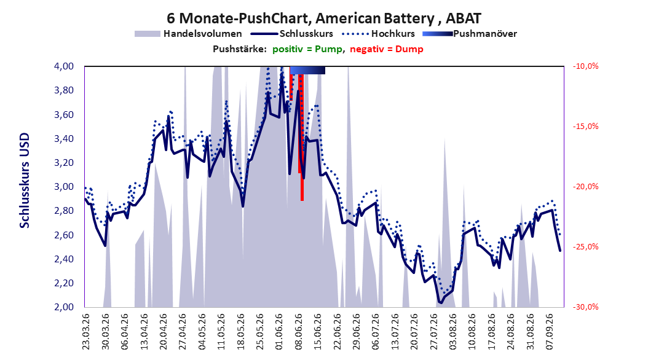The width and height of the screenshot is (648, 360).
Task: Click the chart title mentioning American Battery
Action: click(324, 18)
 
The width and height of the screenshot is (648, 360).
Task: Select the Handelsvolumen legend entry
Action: click(189, 34)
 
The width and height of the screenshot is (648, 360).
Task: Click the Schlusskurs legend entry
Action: click(292, 34)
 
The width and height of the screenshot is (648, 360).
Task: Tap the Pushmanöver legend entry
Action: click(470, 34)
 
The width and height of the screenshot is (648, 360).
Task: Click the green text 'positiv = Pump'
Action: click(307, 49)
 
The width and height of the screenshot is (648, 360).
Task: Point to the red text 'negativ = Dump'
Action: click(387, 49)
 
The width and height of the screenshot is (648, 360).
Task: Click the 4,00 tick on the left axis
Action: click(64, 66)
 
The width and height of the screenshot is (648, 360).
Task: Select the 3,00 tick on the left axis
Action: click(64, 187)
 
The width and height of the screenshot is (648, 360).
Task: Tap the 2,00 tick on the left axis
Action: click(64, 307)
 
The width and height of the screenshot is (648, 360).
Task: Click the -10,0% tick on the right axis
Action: click(585, 66)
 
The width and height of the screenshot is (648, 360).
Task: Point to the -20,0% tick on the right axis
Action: click(585, 187)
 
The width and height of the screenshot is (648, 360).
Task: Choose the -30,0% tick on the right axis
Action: click(585, 307)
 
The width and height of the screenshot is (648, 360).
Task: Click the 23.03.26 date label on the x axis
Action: click(86, 332)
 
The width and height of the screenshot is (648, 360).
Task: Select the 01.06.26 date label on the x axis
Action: click(279, 332)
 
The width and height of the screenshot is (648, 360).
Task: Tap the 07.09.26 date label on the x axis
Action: click(550, 332)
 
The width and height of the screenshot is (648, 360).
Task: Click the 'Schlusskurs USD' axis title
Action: click(25, 181)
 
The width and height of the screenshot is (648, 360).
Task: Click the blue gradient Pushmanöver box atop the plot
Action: click(307, 70)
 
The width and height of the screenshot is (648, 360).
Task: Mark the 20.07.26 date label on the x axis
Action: click(414, 332)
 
